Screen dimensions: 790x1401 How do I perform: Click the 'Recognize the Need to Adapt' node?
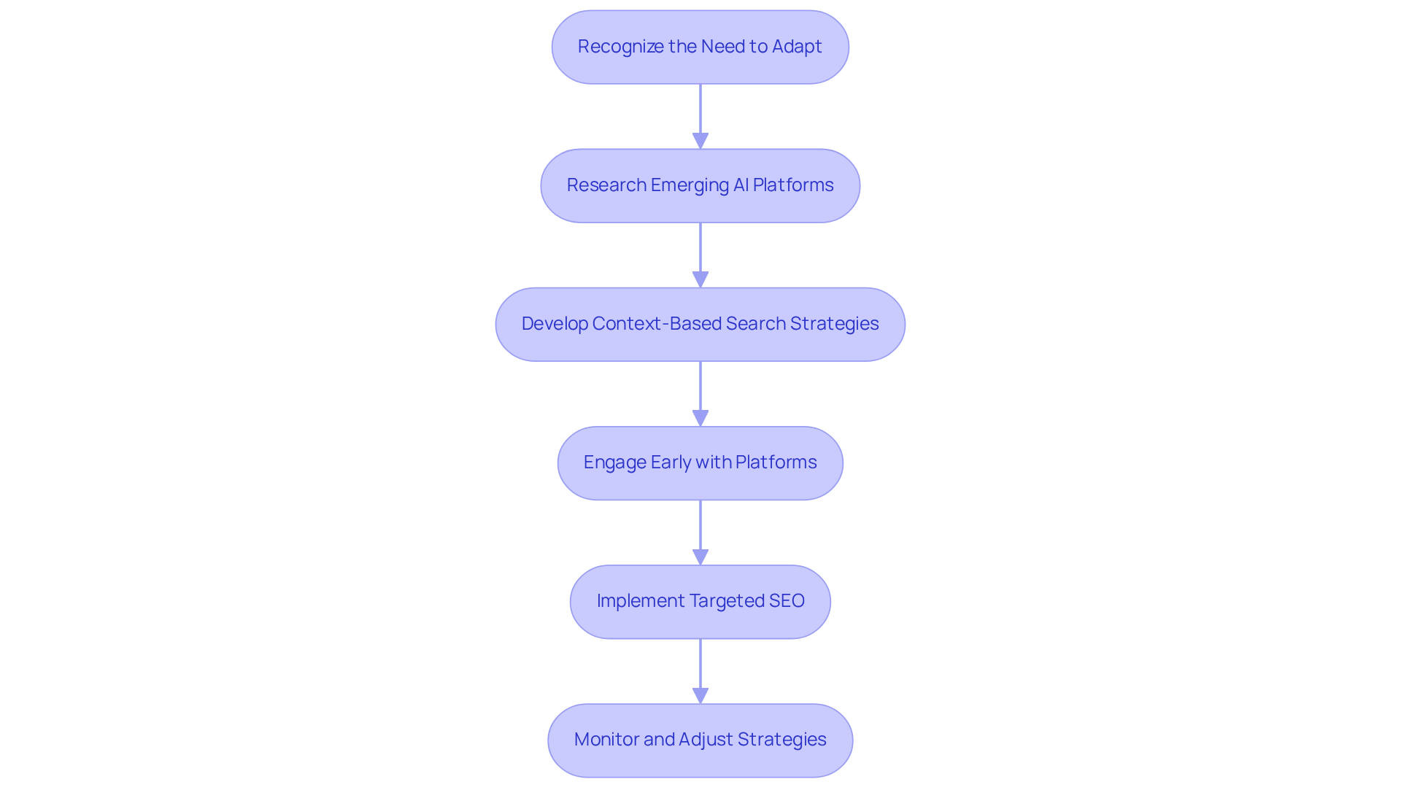click(x=700, y=47)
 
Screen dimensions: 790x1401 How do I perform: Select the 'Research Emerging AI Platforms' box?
click(x=700, y=185)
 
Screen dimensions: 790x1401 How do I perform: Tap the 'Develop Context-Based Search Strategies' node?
click(x=700, y=324)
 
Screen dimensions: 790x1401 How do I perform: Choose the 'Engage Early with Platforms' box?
click(x=700, y=462)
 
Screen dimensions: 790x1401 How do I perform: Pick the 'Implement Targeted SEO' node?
click(x=700, y=601)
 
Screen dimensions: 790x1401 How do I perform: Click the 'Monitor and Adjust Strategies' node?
click(x=700, y=740)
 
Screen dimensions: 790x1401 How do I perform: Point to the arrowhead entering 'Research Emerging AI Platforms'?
click(x=700, y=141)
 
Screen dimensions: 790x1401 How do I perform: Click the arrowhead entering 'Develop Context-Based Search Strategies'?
click(x=700, y=279)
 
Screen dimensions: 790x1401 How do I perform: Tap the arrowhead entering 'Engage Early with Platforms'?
click(x=700, y=418)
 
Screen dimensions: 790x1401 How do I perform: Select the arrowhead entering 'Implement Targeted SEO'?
click(x=700, y=557)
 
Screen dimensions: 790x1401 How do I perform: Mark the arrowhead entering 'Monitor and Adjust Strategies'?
click(x=700, y=695)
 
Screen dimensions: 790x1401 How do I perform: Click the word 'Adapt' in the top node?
click(x=797, y=47)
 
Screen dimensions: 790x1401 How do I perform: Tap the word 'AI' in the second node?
click(x=741, y=185)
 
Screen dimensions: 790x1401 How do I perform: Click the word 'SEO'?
click(x=786, y=601)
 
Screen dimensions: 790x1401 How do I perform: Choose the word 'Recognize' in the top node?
click(x=620, y=47)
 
